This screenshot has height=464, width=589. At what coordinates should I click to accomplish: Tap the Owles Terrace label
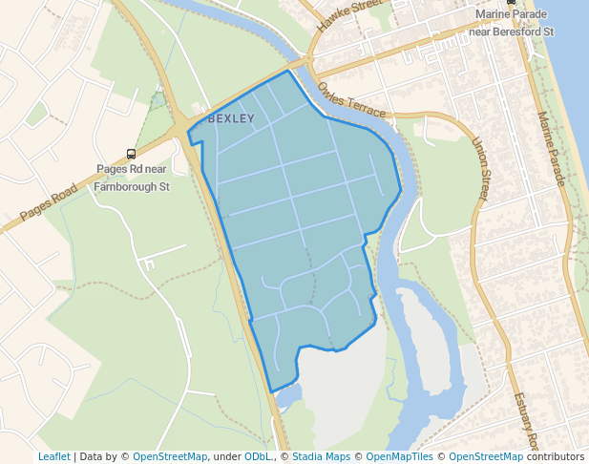click(352, 99)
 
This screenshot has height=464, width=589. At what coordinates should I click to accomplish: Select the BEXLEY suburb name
click(231, 118)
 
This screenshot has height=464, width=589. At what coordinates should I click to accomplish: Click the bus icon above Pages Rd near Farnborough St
click(131, 154)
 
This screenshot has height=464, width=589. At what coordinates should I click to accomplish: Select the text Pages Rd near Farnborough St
click(132, 179)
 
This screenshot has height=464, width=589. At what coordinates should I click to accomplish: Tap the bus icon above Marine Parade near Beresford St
click(511, 3)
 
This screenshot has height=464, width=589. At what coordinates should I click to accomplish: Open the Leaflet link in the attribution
click(53, 456)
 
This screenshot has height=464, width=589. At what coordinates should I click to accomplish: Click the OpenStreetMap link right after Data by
click(170, 456)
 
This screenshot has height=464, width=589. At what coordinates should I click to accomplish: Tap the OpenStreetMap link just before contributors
click(486, 456)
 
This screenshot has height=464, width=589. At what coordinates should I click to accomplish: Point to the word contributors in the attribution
click(556, 456)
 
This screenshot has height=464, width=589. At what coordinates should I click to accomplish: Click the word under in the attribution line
click(227, 456)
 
